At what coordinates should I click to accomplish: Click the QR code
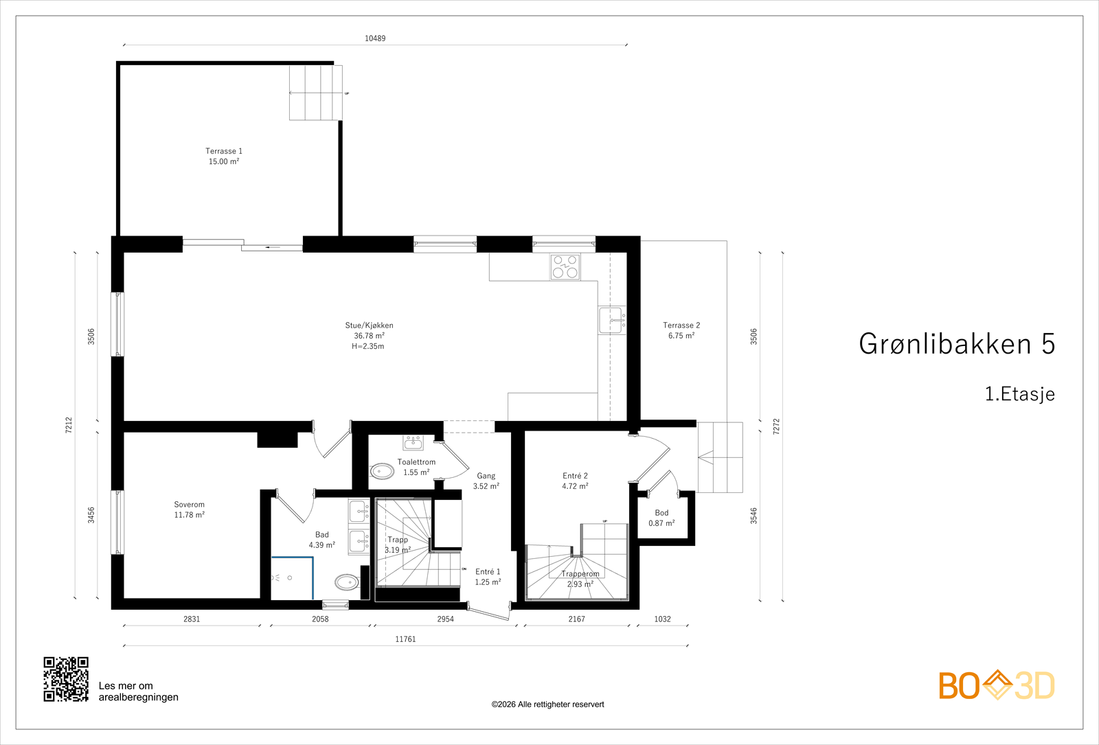(66, 679)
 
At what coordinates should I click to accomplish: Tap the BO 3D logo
(997, 685)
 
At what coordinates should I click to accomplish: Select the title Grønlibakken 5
(957, 344)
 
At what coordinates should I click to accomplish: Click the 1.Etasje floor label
(1020, 394)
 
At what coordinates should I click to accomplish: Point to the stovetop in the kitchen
(565, 267)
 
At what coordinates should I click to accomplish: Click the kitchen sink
(612, 320)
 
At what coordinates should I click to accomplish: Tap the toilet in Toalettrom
(382, 472)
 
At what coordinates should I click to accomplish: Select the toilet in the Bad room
(347, 582)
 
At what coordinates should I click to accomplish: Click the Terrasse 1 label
(224, 156)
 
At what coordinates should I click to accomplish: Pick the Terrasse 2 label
(681, 330)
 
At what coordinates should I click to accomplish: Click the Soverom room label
(190, 509)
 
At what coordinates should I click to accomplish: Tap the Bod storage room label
(661, 518)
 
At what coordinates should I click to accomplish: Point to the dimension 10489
(375, 38)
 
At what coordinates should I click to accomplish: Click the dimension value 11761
(405, 639)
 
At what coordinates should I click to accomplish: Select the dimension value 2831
(192, 619)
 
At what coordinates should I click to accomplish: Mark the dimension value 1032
(662, 619)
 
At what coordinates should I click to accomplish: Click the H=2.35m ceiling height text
(368, 346)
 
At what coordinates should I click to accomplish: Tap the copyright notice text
(547, 704)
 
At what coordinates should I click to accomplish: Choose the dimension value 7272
(776, 426)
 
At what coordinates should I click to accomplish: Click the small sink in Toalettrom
(413, 442)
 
